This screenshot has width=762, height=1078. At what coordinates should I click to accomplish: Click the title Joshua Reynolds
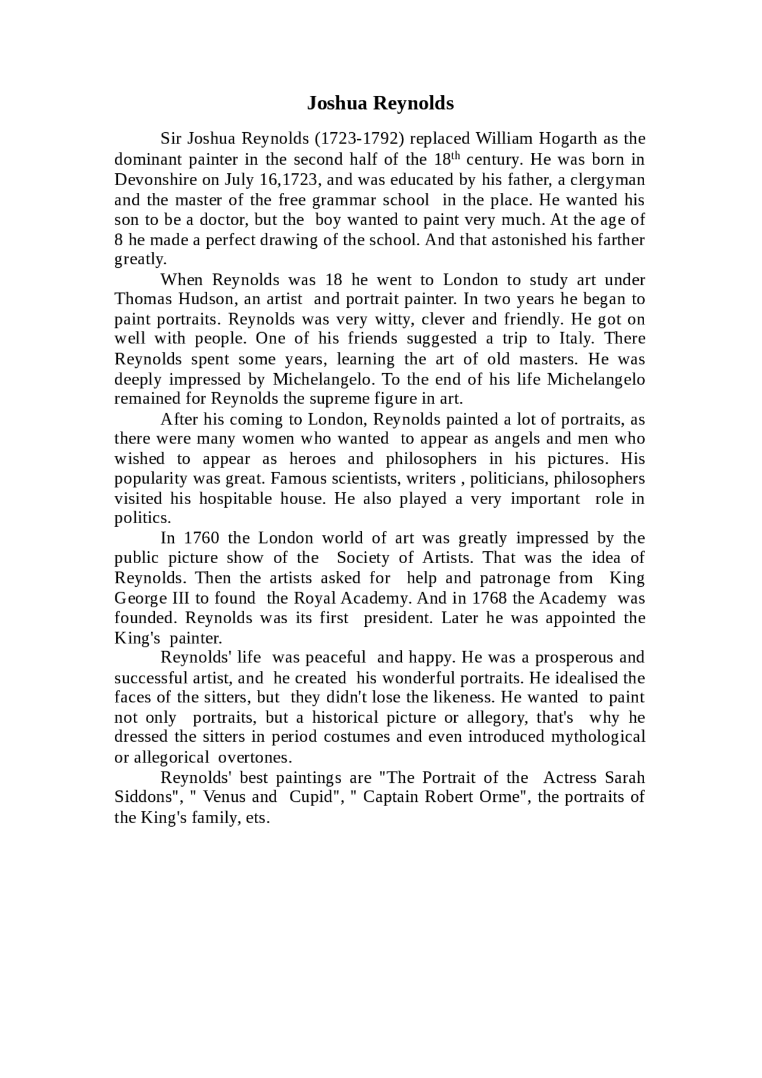tap(380, 103)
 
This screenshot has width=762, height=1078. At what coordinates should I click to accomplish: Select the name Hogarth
tap(568, 139)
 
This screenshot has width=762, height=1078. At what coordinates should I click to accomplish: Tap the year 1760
tap(202, 538)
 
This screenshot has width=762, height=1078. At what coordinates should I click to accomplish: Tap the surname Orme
tap(503, 797)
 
